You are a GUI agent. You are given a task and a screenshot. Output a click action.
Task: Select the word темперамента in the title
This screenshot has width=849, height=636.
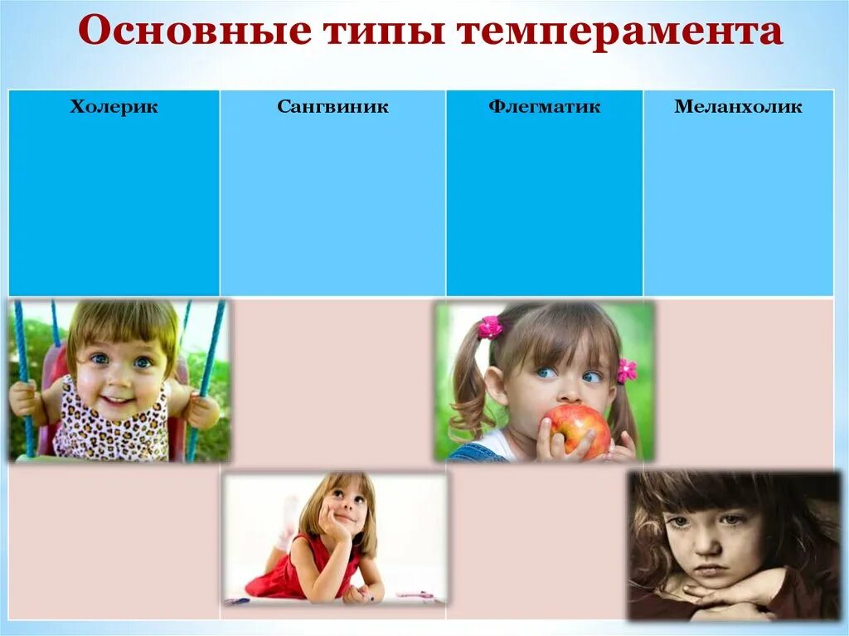click(620, 33)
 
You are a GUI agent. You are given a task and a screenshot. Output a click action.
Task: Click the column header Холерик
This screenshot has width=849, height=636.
click(114, 106)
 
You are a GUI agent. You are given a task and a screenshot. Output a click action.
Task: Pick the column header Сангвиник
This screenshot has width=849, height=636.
click(332, 106)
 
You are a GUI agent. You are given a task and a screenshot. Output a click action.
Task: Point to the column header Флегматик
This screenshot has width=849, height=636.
click(544, 106)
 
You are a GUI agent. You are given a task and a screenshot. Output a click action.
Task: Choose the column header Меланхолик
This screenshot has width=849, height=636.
click(738, 106)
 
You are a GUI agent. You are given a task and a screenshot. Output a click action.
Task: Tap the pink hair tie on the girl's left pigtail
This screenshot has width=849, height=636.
click(490, 328)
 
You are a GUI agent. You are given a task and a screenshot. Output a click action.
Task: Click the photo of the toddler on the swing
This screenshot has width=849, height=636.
click(119, 380)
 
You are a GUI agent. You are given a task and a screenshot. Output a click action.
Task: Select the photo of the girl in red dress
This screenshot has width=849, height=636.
click(334, 537)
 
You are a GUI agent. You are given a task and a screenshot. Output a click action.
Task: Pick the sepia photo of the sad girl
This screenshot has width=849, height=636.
click(733, 546)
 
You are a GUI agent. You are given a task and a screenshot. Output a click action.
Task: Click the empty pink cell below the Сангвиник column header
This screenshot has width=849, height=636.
click(332, 381)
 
